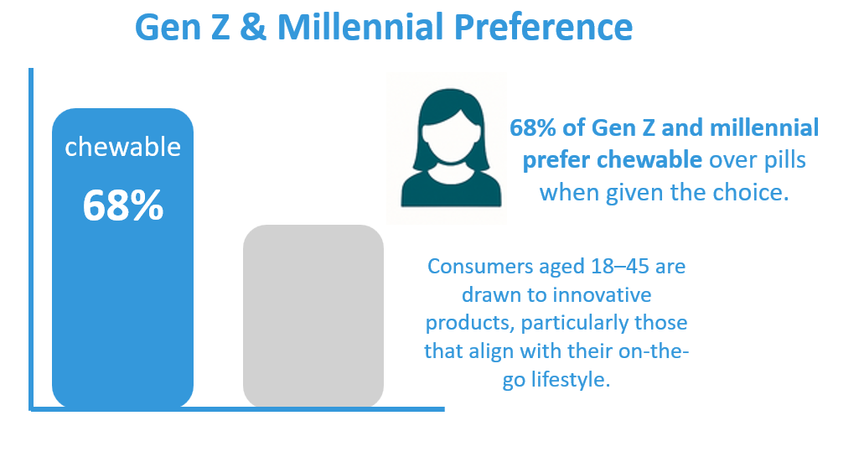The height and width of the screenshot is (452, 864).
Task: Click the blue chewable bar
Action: pyautogui.click(x=122, y=258)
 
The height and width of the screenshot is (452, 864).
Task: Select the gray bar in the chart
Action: pyautogui.click(x=313, y=316)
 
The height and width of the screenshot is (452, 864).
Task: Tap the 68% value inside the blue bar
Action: pyautogui.click(x=123, y=206)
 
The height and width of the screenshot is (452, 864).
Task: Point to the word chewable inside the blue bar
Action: pyautogui.click(x=123, y=148)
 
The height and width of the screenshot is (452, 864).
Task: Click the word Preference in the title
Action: pyautogui.click(x=543, y=27)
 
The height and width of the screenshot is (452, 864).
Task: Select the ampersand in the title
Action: pyautogui.click(x=253, y=27)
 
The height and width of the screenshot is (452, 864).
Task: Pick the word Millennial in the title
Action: pyautogui.click(x=360, y=27)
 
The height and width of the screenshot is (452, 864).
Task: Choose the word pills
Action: pyautogui.click(x=784, y=160)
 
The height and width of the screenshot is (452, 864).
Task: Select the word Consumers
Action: pyautogui.click(x=480, y=266)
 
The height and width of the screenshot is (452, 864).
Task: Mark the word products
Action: pyautogui.click(x=470, y=323)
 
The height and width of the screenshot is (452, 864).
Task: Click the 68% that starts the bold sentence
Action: pyautogui.click(x=533, y=127)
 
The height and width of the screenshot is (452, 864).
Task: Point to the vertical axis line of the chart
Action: pyautogui.click(x=31, y=239)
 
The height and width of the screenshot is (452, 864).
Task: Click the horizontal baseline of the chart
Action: pyautogui.click(x=236, y=409)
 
